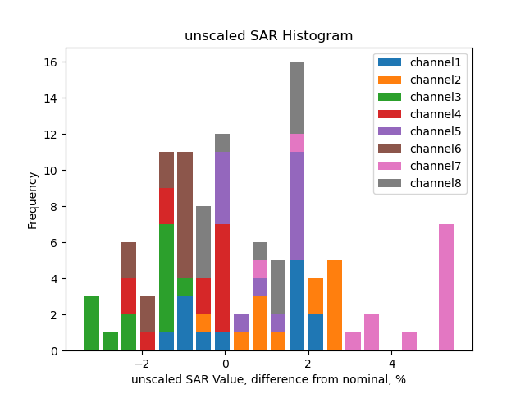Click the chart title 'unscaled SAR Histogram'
[268, 36]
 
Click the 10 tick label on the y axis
[51, 171]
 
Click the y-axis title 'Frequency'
[33, 199]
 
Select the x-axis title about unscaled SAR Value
[268, 379]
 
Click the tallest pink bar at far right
[446, 287]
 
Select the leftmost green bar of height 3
[92, 323]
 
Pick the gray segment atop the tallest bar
[297, 98]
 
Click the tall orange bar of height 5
[335, 305]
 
